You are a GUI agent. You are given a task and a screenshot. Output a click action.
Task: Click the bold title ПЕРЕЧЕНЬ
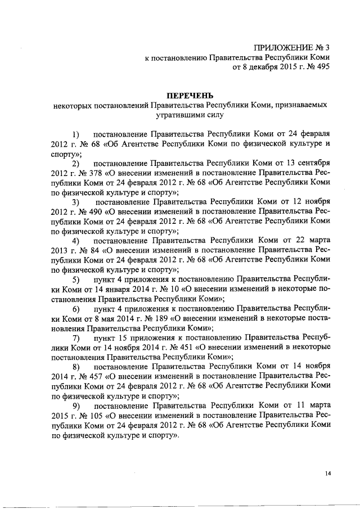coord(188,95)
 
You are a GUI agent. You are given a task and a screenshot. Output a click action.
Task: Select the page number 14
coord(327,474)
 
